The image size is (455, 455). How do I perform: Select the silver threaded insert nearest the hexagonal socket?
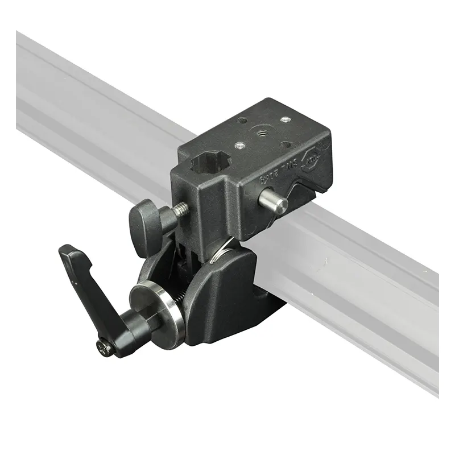[240, 146]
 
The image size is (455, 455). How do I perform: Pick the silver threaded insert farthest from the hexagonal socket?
[285, 119]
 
